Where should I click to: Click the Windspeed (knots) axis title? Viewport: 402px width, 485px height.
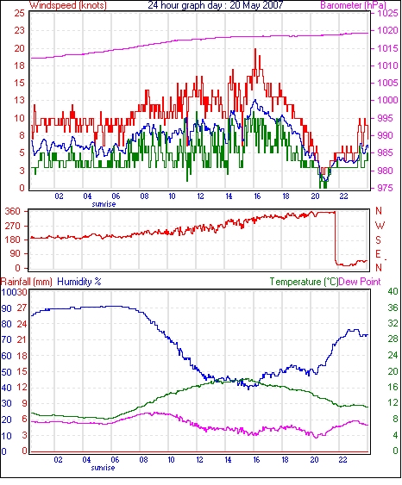[x=68, y=5]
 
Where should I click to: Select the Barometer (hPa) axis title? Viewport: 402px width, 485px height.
[x=354, y=5]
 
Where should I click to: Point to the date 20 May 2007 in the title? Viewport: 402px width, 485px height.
[x=256, y=5]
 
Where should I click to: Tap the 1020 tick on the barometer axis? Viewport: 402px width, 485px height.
[x=387, y=30]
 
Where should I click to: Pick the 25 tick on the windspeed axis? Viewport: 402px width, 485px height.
[x=19, y=13]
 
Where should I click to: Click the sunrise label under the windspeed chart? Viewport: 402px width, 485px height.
[x=104, y=204]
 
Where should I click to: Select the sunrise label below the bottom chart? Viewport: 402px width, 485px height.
[x=103, y=468]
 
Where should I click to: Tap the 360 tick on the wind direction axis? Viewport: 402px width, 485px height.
[x=13, y=212]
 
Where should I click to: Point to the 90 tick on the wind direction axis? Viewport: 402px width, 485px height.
[x=16, y=253]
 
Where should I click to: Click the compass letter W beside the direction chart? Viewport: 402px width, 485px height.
[x=380, y=226]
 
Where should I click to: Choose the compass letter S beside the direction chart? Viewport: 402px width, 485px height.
[x=379, y=239]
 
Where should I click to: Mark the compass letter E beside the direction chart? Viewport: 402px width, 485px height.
[x=378, y=254]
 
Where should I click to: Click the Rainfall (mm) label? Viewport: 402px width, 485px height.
[x=27, y=282]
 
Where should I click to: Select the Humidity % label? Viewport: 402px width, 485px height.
[x=79, y=282]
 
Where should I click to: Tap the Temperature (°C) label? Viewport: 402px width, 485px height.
[x=304, y=282]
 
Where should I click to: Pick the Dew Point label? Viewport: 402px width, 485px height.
[x=360, y=282]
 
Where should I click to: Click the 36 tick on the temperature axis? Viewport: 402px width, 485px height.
[x=393, y=308]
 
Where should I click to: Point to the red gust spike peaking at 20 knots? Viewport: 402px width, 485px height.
[x=255, y=62]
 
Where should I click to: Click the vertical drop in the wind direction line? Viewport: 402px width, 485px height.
[x=335, y=237]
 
